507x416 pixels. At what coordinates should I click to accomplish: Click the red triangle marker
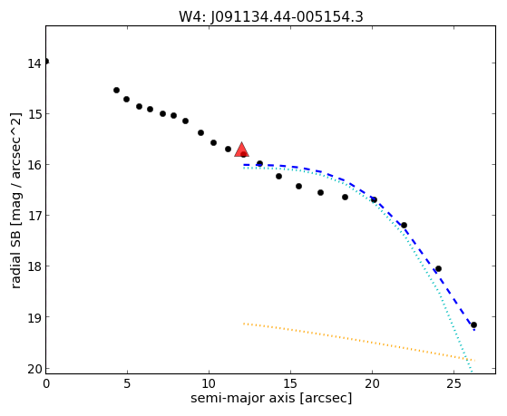point(242,150)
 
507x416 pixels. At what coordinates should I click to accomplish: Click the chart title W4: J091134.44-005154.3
point(271,16)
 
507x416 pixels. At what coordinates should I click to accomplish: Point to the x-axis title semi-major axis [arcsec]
point(271,398)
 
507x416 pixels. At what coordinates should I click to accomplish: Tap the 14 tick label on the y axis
point(34,63)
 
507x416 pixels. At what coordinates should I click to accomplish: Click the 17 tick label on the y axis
point(34,216)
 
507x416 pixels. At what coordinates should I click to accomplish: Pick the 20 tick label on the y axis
point(34,369)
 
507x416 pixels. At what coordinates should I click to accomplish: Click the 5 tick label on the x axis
point(127,384)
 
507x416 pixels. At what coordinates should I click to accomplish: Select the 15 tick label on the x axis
point(290,384)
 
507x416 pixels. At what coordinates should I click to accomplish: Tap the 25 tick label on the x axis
point(454,384)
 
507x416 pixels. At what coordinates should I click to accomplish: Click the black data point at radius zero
point(46,62)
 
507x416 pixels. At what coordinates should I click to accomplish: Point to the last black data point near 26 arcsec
point(473,324)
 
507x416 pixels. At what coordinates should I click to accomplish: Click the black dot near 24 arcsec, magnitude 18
point(438,268)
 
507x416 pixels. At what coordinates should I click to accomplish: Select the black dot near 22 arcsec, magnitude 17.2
point(404,225)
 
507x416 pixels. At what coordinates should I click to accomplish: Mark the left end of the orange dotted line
point(244,324)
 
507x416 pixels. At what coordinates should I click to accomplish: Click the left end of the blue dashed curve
point(244,165)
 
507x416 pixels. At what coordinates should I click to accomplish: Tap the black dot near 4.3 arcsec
point(116,91)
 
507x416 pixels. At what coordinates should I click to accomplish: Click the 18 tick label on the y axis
point(34,266)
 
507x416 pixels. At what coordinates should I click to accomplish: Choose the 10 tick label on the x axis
point(209,384)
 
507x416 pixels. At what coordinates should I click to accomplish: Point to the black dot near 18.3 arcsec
point(345,197)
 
